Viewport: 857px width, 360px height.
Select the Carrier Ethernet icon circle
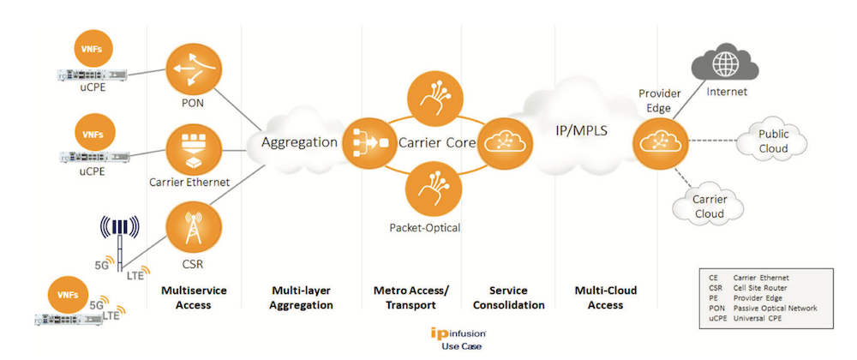(x=193, y=147)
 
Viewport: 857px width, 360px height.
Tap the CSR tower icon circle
(x=193, y=225)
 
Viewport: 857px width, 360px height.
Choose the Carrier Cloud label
(x=709, y=207)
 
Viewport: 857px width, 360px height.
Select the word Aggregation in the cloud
(x=299, y=142)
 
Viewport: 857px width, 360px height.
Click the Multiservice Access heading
(x=194, y=297)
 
